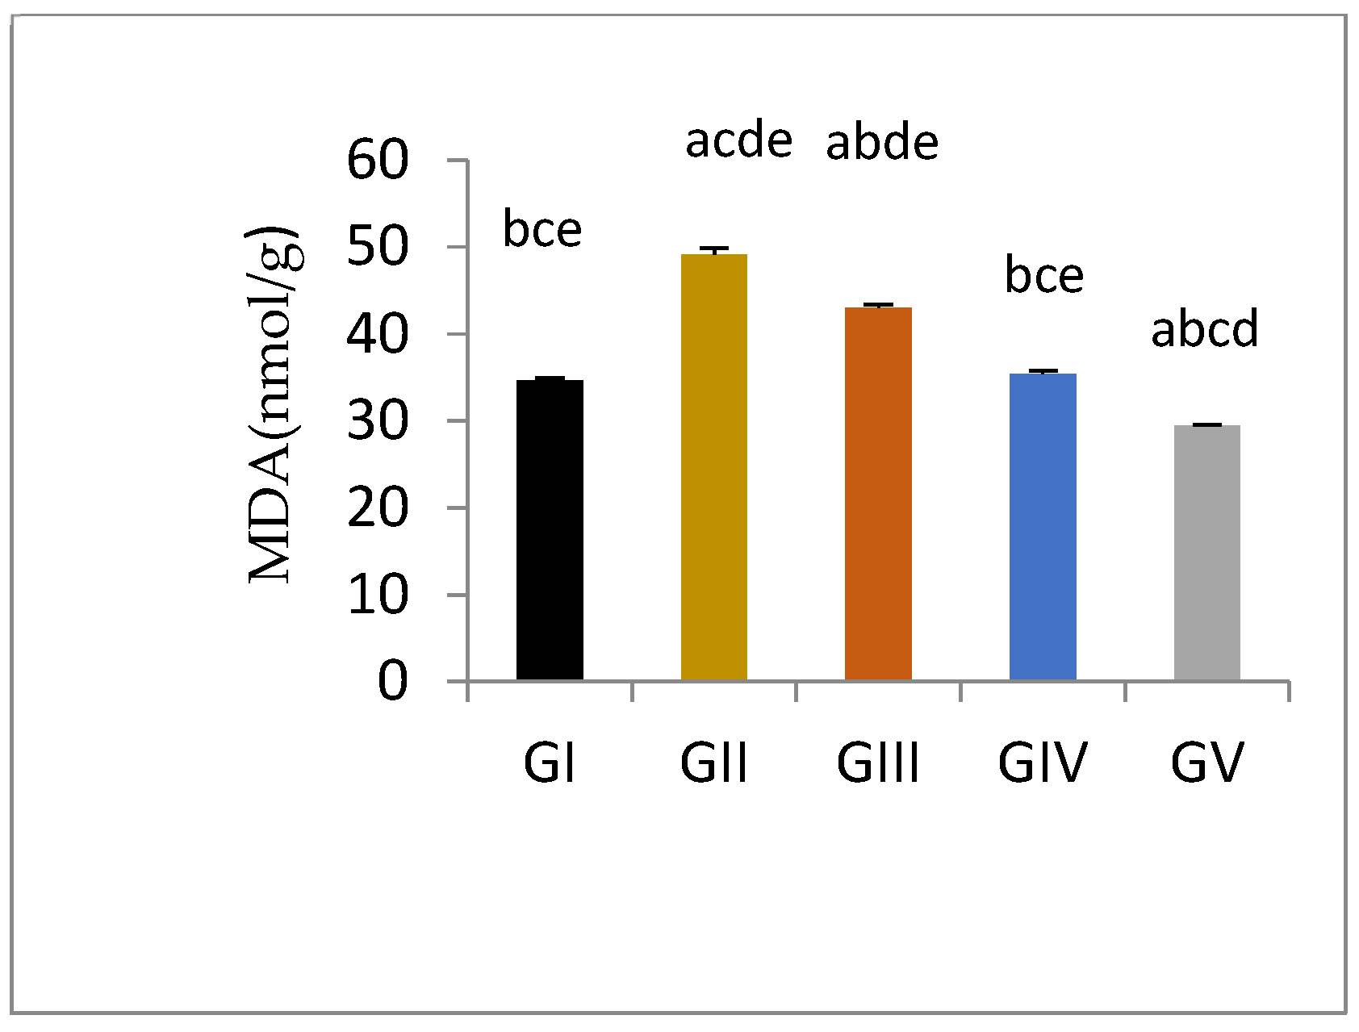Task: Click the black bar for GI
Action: (x=550, y=530)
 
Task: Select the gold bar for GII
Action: (x=714, y=467)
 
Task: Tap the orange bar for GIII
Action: (x=878, y=494)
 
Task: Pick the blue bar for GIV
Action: (x=1043, y=527)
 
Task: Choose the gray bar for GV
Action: (x=1206, y=553)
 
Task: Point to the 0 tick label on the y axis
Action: (x=393, y=682)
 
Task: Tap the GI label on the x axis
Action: (x=550, y=763)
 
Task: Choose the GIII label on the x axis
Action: (x=878, y=763)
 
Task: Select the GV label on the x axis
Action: (x=1207, y=763)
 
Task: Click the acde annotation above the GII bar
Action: (x=738, y=141)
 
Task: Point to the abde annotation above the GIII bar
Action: (x=882, y=143)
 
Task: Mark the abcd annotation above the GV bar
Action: (x=1204, y=330)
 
